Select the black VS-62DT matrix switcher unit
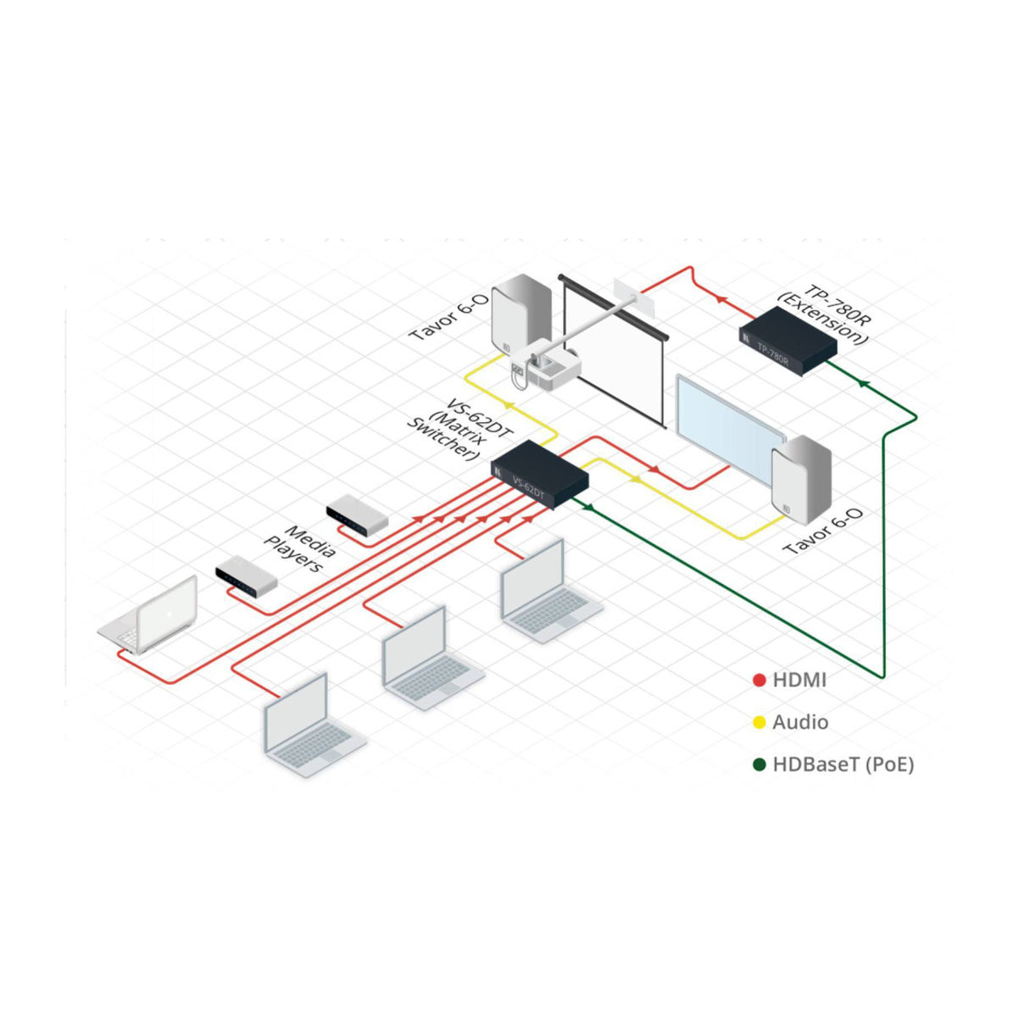click(540, 476)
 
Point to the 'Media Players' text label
click(301, 548)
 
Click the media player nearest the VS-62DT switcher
click(357, 515)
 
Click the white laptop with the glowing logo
click(152, 615)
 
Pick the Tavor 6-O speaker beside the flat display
click(801, 479)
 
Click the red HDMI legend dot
click(759, 680)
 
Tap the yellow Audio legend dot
click(759, 723)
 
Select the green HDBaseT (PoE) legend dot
click(759, 765)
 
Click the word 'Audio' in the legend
click(800, 723)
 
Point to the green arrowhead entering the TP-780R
click(862, 384)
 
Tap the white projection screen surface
click(627, 356)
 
